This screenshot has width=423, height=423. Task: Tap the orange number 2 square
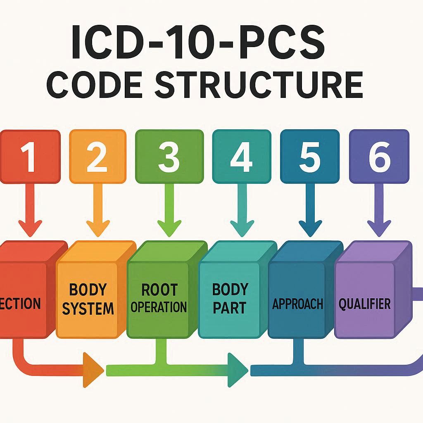pyautogui.click(x=97, y=157)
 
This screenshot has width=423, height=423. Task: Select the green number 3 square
pyautogui.click(x=169, y=157)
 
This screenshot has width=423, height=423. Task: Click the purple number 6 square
pyautogui.click(x=379, y=157)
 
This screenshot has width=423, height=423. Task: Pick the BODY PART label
pyautogui.click(x=229, y=298)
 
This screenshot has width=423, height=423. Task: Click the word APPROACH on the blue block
pyautogui.click(x=297, y=304)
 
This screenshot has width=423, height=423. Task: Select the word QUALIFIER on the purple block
pyautogui.click(x=364, y=304)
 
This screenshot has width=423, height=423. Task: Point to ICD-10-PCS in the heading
pyautogui.click(x=198, y=42)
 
